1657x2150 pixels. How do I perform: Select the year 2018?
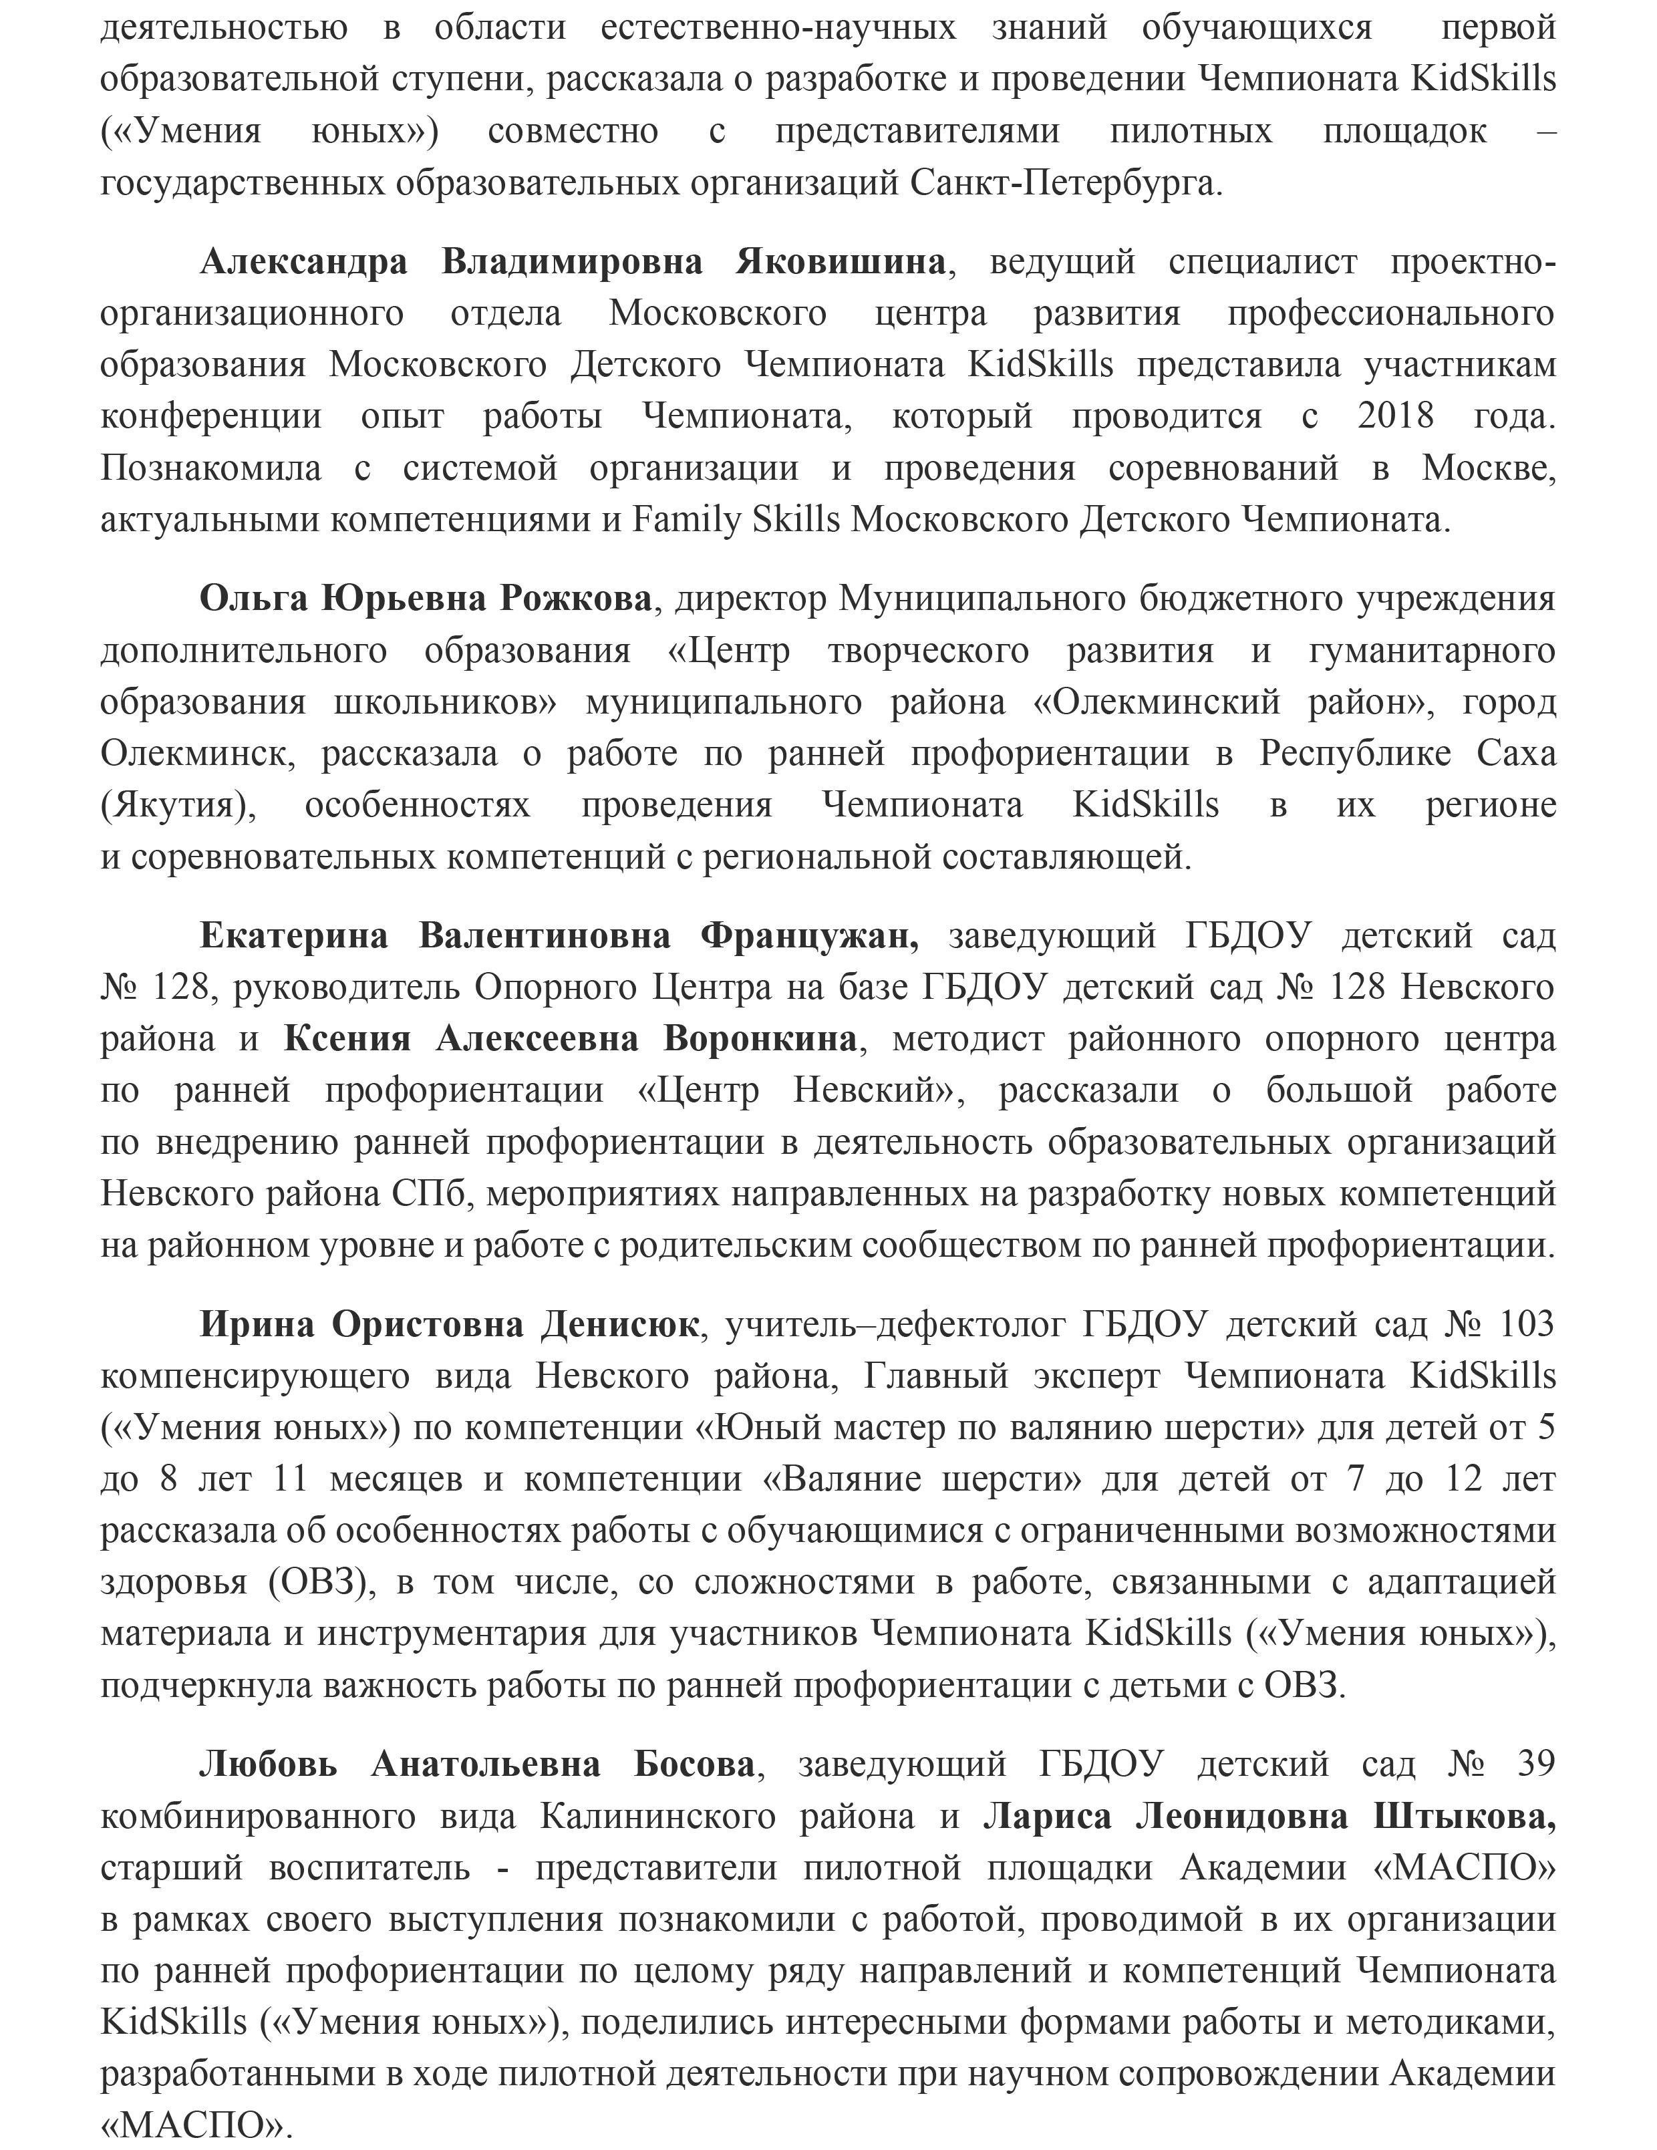[1395, 416]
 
